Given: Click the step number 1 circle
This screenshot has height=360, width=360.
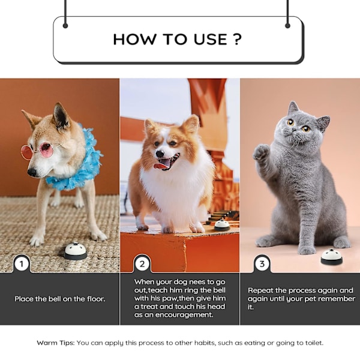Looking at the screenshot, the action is coord(22,264).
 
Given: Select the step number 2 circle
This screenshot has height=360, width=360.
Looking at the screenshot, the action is coord(142,264).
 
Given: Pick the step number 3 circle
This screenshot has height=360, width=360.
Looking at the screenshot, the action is coord(262,264).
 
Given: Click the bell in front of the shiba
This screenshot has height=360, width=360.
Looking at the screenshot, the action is coord(76,251).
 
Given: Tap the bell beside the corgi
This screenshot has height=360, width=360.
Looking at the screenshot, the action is coord(222,225).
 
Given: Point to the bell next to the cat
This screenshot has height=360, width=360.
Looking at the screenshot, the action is coord(332,256).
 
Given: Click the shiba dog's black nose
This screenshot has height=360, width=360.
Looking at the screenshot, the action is coord(32,172).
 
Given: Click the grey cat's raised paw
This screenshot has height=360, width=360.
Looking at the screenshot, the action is coord(261,152).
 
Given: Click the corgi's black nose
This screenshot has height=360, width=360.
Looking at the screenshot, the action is coord(160,154).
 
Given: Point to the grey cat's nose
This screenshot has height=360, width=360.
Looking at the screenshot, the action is coord(294,133).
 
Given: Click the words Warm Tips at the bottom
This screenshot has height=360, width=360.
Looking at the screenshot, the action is coord(56,343).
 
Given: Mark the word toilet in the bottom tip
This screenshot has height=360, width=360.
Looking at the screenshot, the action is coord(314,343).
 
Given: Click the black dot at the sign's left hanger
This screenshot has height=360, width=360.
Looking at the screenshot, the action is coord(65,26).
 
